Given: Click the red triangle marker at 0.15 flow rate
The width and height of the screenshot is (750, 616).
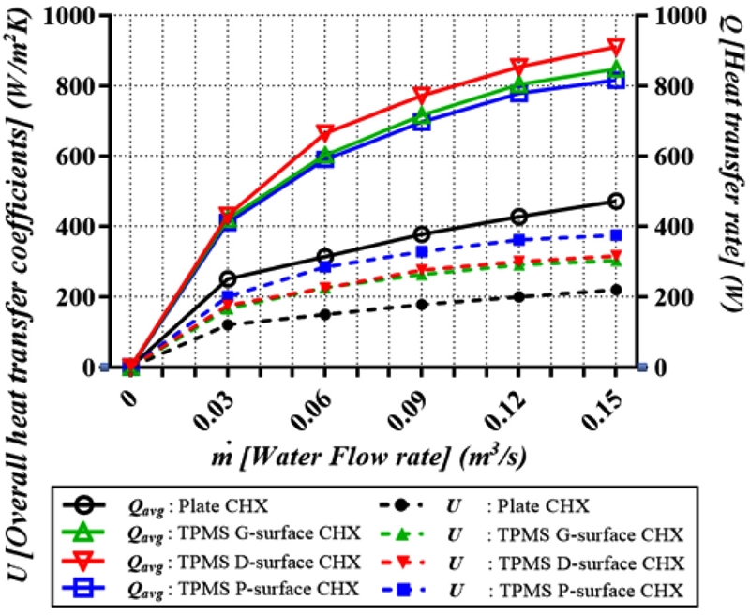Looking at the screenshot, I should pyautogui.click(x=616, y=47).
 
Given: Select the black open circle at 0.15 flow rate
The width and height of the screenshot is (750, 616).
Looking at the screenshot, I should pyautogui.click(x=616, y=202).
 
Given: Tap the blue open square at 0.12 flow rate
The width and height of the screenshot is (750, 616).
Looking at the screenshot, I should pyautogui.click(x=518, y=93).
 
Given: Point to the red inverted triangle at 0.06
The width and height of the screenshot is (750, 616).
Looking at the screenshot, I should pyautogui.click(x=325, y=132).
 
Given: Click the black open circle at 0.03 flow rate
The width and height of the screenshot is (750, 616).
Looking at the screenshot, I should pyautogui.click(x=228, y=278).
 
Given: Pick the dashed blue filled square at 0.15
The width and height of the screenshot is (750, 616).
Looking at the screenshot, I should pyautogui.click(x=616, y=235).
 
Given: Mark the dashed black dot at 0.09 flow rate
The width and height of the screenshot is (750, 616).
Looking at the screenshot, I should pyautogui.click(x=422, y=305).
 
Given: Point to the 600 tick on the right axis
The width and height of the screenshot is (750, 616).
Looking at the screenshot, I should pyautogui.click(x=681, y=157).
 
